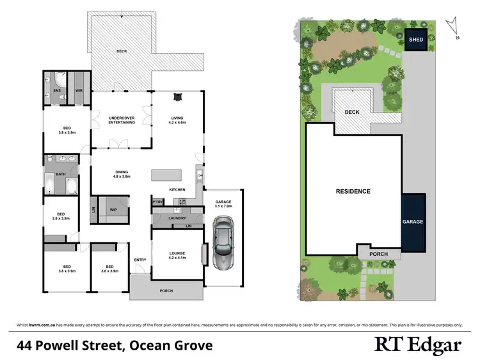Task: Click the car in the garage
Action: click(x=223, y=244)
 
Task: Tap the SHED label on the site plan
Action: click(x=416, y=40)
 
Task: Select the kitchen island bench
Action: click(x=166, y=175)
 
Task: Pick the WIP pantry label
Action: click(x=113, y=209)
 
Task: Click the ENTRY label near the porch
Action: click(x=140, y=260)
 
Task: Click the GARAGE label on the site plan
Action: click(x=413, y=222)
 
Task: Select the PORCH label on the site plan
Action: click(x=379, y=254)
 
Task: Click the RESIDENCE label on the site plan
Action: click(x=353, y=191)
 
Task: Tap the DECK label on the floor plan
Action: click(x=122, y=51)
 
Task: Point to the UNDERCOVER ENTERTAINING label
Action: click(x=122, y=120)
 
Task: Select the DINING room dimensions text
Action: click(x=122, y=176)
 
